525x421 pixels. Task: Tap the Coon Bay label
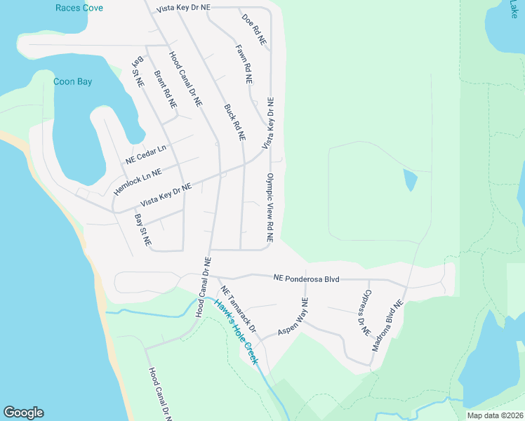[73, 81]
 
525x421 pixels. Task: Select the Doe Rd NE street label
[253, 29]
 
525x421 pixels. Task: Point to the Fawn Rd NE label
[244, 64]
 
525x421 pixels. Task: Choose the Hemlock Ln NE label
[138, 181]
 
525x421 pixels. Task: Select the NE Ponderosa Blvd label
[306, 279]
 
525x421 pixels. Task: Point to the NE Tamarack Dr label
[239, 309]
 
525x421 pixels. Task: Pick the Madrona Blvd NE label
[388, 326]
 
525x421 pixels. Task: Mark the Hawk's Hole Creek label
[237, 332]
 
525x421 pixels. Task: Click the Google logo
[23, 413]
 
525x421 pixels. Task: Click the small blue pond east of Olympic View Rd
[410, 180]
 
